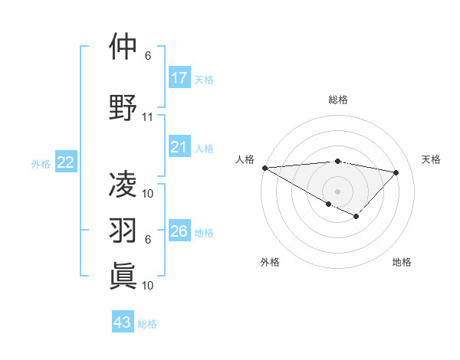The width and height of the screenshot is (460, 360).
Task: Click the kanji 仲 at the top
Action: (x=123, y=48)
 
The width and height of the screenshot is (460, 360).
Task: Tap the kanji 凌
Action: (x=123, y=184)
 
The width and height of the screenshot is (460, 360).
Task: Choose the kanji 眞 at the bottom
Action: (x=123, y=275)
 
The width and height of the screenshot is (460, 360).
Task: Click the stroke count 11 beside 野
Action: (x=148, y=117)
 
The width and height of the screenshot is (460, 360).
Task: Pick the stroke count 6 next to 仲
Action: (x=148, y=56)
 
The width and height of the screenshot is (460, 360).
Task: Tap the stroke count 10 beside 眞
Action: (x=148, y=285)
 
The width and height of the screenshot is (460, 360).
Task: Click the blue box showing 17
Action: (x=179, y=78)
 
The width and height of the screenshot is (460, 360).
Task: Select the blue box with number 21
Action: (x=179, y=147)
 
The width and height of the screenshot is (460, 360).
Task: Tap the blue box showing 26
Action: (x=179, y=231)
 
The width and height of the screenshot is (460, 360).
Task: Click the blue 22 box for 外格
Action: (x=66, y=162)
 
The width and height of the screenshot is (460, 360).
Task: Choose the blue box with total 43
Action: (x=123, y=322)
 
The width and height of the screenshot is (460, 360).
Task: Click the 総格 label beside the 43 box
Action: (x=147, y=324)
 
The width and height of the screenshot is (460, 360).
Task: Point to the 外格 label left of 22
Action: (x=41, y=163)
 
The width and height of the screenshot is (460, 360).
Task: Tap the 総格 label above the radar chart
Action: (x=337, y=100)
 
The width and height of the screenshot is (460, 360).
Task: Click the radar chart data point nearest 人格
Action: (x=264, y=168)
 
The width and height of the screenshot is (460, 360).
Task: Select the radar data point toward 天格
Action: (x=396, y=172)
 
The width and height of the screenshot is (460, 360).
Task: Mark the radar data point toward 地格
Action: (x=356, y=217)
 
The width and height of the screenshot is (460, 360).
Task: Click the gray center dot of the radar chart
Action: (x=337, y=191)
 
